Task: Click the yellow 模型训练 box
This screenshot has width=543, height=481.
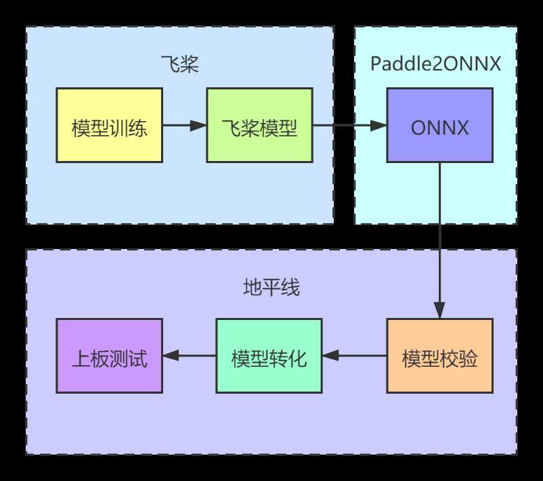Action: [x=109, y=125]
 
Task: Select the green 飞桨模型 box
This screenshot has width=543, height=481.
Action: [x=259, y=125]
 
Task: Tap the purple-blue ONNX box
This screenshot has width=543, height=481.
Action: [x=439, y=125]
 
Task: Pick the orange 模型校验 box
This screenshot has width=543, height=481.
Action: [x=439, y=356]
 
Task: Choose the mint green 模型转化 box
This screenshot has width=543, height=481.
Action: [x=269, y=356]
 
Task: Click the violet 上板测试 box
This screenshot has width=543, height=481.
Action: [x=109, y=356]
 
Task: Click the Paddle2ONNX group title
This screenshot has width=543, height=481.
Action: [x=436, y=65]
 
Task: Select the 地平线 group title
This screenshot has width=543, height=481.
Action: [x=271, y=289]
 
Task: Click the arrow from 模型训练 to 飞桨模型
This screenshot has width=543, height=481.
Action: [x=184, y=125]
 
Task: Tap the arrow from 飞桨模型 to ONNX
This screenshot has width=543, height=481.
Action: [x=349, y=125]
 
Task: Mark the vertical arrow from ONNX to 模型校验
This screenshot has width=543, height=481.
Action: [x=439, y=237]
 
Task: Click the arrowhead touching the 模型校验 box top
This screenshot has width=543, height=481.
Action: [x=439, y=312]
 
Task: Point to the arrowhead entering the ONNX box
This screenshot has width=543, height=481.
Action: [x=378, y=125]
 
